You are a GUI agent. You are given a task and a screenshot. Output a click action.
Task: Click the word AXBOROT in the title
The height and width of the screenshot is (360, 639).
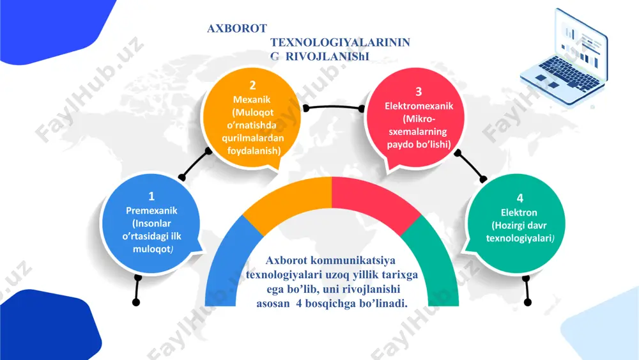(x=237, y=29)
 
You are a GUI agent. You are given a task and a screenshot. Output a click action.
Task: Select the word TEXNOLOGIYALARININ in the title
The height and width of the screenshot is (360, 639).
(x=341, y=42)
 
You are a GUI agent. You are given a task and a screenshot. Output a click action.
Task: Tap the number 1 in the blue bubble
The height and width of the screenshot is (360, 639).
(x=151, y=196)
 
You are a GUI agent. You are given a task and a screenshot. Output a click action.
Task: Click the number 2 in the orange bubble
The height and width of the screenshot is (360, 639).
(x=252, y=85)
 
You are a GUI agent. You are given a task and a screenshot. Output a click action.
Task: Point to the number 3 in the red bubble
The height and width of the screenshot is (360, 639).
(x=419, y=91)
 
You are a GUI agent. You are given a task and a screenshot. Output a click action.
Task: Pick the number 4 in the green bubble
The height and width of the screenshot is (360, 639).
(x=520, y=198)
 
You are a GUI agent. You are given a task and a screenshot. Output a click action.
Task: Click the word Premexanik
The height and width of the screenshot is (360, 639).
(x=151, y=210)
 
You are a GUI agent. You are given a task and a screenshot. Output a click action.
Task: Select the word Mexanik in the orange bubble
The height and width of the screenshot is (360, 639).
(x=252, y=100)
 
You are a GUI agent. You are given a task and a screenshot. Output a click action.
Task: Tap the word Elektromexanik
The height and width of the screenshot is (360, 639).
(x=419, y=106)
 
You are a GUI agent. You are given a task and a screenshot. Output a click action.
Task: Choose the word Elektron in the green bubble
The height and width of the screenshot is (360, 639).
(x=519, y=212)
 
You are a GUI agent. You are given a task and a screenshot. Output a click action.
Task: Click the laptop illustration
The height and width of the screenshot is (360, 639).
(x=564, y=57)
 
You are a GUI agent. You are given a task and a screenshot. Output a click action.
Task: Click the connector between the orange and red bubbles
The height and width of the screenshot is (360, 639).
(x=334, y=107)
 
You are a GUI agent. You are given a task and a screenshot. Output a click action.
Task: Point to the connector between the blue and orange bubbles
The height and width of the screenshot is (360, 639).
(x=195, y=164)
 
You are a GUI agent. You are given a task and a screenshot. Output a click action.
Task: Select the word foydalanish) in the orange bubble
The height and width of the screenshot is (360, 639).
(x=254, y=151)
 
